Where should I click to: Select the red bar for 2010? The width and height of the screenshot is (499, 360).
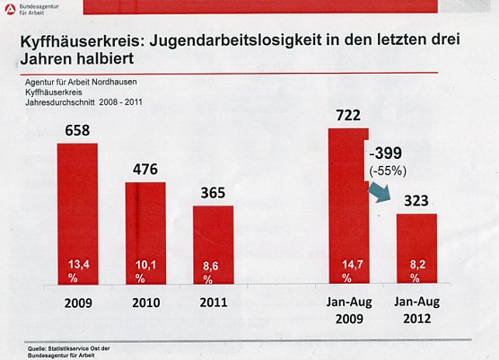tap(145, 233)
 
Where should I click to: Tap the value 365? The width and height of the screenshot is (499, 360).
tap(213, 193)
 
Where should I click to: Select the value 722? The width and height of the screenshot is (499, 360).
tap(348, 116)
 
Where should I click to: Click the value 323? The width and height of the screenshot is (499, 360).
tap(416, 200)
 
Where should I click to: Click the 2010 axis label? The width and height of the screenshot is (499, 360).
tap(145, 303)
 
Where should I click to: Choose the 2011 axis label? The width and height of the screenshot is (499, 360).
tap(213, 303)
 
